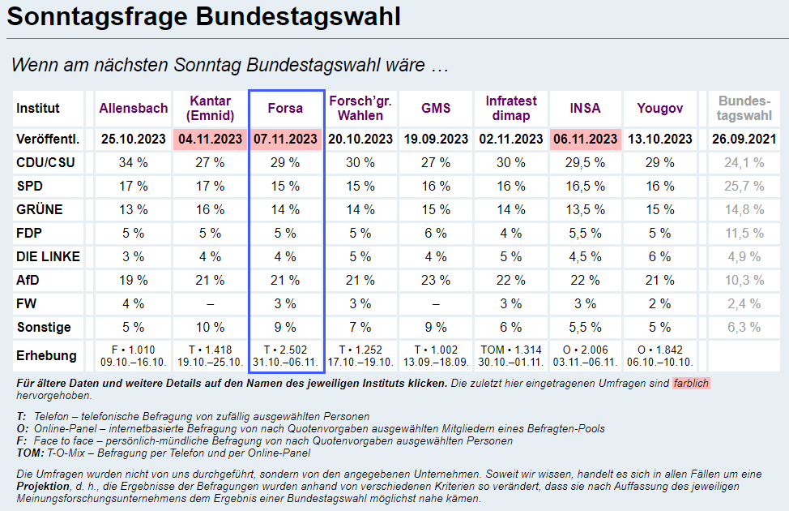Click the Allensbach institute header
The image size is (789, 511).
pos(134,108)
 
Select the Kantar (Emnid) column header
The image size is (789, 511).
pos(211,108)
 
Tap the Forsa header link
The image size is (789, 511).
pos(285,108)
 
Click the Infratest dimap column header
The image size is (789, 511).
pos(510,108)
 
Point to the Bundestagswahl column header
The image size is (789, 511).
pos(744,108)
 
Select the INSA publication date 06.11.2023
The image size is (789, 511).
pos(585,139)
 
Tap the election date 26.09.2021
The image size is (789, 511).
pos(744,139)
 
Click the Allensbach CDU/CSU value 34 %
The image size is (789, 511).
pos(134,162)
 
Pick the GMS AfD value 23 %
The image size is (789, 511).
pos(436,281)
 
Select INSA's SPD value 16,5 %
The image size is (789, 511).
pos(585,186)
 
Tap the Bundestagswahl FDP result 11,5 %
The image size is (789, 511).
pos(744,234)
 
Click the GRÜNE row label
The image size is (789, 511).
pos(40,210)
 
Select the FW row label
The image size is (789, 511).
pos(26,304)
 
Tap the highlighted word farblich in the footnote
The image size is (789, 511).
pos(691,383)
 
